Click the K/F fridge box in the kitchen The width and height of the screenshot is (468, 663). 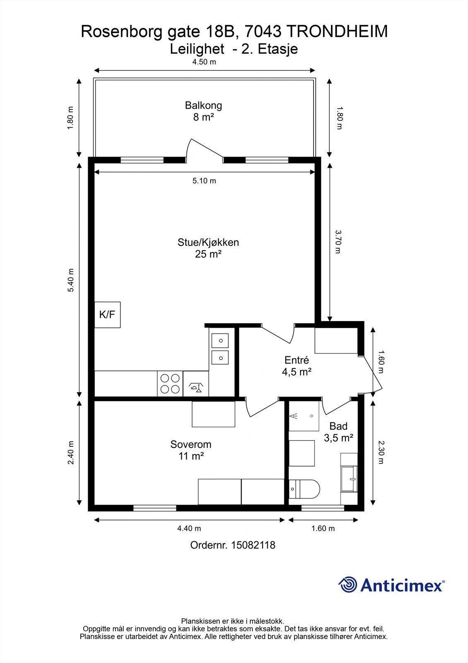click(107, 315)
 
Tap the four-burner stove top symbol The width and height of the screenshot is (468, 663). click(170, 384)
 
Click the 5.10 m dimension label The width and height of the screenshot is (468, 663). click(204, 181)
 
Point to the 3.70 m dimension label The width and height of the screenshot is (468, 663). click(338, 242)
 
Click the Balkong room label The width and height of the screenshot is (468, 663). click(204, 105)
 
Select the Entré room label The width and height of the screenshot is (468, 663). click(297, 360)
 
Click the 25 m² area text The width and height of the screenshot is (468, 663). click(209, 254)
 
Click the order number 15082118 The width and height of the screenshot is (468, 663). click(253, 545)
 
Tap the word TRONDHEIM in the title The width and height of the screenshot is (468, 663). click(337, 31)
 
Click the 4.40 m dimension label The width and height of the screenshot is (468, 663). click(189, 528)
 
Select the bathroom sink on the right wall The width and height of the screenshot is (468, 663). click(349, 479)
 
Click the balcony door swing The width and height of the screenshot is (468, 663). click(204, 151)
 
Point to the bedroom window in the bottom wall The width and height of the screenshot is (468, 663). click(155, 508)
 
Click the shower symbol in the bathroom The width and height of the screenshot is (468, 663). click(304, 416)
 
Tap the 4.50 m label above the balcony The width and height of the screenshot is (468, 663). click(204, 62)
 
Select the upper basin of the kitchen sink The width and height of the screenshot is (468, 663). click(220, 341)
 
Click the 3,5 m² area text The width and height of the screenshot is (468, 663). click(338, 438)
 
